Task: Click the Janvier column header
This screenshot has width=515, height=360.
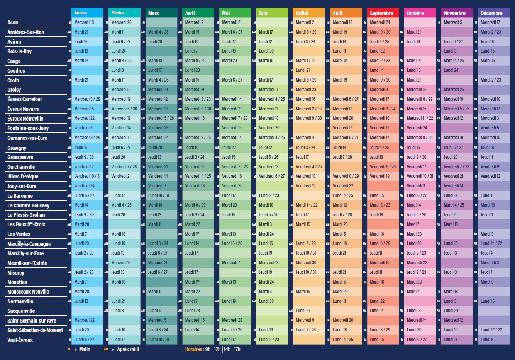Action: pyautogui.click(x=87, y=13)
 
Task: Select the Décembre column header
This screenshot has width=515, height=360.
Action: pyautogui.click(x=493, y=13)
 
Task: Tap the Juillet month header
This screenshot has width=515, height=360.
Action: pyautogui.click(x=309, y=13)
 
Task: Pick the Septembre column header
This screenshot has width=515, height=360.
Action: pyautogui.click(x=383, y=13)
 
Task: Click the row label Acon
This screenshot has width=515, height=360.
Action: pyautogui.click(x=13, y=22)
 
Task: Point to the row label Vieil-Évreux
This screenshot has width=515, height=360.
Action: pyautogui.click(x=20, y=340)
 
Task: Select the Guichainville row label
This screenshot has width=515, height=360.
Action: pyautogui.click(x=21, y=167)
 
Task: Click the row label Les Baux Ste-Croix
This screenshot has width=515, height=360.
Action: pyautogui.click(x=26, y=224)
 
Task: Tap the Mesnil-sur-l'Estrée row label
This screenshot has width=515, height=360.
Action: pyautogui.click(x=27, y=263)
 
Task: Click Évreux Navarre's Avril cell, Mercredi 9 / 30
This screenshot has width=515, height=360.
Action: pyautogui.click(x=198, y=109)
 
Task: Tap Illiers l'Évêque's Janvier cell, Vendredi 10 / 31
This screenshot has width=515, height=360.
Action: pyautogui.click(x=88, y=176)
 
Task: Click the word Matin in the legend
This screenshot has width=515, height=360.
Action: pyautogui.click(x=85, y=349)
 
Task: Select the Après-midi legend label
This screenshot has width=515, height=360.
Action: pyautogui.click(x=128, y=349)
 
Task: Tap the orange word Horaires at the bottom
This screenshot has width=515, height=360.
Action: pyautogui.click(x=194, y=349)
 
